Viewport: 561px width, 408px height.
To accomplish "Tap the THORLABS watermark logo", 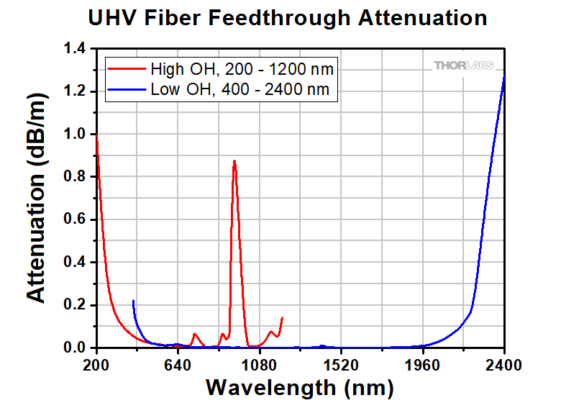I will pos(464,65).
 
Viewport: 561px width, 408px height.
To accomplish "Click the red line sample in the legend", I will pos(127,70).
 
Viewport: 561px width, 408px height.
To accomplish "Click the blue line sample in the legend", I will pos(127,90).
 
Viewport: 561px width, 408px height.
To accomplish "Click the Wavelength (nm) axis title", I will pos(299,388).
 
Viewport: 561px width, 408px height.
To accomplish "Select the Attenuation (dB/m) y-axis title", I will pos(37,198).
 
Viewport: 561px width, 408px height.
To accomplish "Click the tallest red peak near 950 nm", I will pos(234,161).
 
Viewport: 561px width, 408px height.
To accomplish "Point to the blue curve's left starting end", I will pos(133,301).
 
